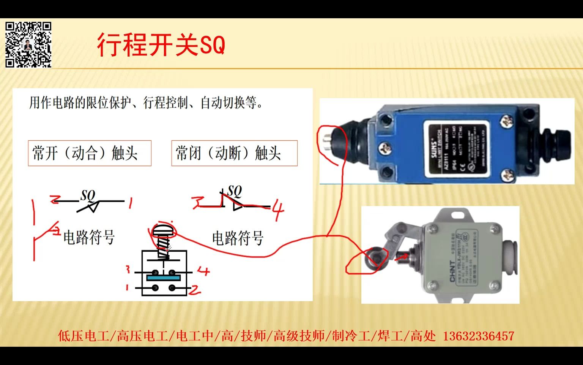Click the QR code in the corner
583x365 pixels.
point(28,44)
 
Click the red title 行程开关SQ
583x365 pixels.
point(161,44)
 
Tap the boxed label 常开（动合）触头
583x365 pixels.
point(90,153)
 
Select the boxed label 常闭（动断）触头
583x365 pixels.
point(234,153)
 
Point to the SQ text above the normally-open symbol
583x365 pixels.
point(88,195)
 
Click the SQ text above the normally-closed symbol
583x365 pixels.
point(235,191)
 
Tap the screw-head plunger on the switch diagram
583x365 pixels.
point(163,230)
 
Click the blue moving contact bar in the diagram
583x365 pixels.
point(163,278)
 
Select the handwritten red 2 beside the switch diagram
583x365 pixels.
point(195,290)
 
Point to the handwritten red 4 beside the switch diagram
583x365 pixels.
point(203,271)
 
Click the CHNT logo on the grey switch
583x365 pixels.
point(452,271)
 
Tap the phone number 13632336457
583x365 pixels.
point(478,336)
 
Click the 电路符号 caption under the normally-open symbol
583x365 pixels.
point(89,237)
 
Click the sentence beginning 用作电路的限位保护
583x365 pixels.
point(146,103)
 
